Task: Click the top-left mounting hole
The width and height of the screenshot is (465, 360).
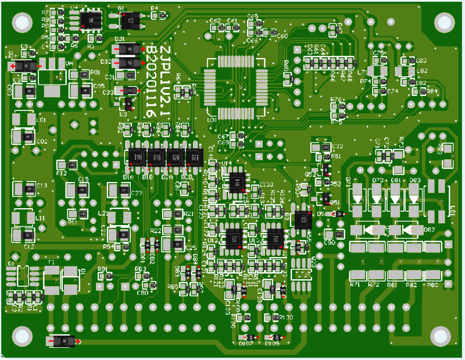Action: coord(22,23)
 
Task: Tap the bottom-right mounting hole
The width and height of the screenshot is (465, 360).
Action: coord(441,335)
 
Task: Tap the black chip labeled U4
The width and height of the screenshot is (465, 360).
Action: coord(90,20)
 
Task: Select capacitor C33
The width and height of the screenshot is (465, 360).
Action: coord(126,91)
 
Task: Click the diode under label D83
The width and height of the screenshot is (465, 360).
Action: coord(414,198)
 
